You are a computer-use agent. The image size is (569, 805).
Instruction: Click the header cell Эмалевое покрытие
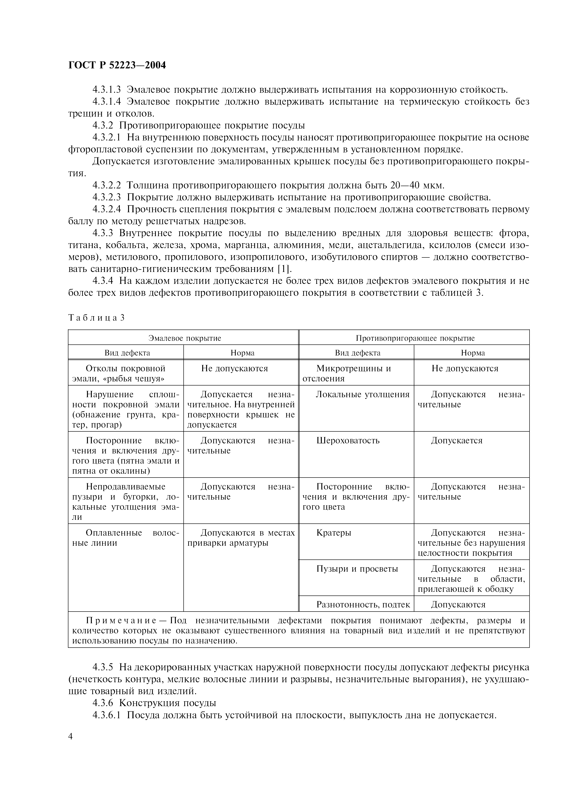pos(185,338)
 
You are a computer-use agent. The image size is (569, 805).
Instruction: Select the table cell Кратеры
pos(334,533)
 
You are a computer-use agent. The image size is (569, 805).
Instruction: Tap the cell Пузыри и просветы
pos(357,569)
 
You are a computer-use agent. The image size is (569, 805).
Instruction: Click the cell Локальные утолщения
pos(362,394)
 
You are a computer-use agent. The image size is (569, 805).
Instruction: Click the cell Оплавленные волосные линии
pos(126,538)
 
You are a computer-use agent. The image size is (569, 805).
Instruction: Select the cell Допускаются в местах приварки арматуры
pos(241,538)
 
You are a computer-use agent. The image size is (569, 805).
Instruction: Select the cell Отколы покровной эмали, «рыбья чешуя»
pos(126,373)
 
